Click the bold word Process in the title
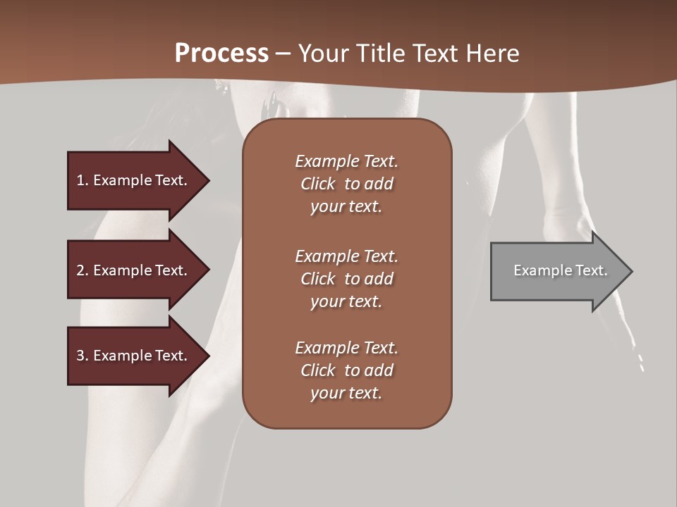point(221,54)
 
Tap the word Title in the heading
point(380,54)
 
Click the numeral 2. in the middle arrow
point(83,270)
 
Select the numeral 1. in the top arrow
point(83,180)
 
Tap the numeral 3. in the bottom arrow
point(83,356)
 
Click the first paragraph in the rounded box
point(346,184)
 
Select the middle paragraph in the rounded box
point(346,279)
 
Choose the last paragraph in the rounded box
point(346,370)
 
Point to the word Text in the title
point(434,54)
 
